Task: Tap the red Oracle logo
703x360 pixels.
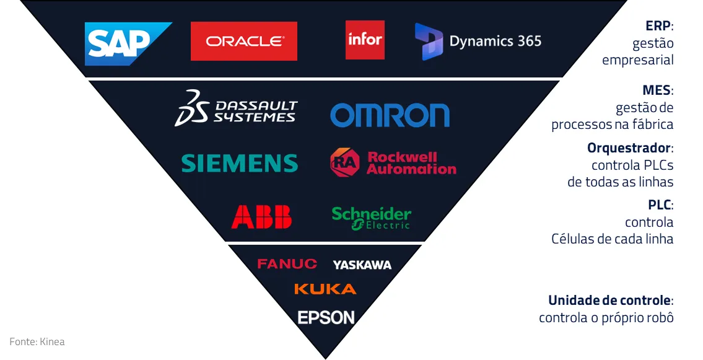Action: pos(244,42)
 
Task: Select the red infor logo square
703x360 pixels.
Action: pos(365,40)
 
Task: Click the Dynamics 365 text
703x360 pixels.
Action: pos(495,42)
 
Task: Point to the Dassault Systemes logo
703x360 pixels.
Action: pos(236,108)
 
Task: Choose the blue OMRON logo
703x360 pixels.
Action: pos(390,115)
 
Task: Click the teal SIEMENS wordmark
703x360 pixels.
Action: pos(240,164)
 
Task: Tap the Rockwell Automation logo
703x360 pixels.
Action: pos(393,163)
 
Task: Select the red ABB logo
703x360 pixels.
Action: pos(261,217)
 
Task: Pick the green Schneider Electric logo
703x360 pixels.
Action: pos(372,217)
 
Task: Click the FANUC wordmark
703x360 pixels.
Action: pos(287,264)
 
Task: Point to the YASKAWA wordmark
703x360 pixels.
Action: pos(362,265)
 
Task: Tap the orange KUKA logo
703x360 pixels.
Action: pos(325,289)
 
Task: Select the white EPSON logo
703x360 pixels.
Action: pos(326,318)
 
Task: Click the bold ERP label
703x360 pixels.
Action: pos(658,27)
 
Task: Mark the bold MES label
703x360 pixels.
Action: pos(656,91)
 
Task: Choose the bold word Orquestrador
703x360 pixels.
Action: pos(628,149)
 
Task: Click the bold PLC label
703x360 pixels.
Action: pos(659,205)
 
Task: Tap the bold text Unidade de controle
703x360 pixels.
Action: pos(609,301)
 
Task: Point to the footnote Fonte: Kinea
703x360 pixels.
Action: pos(37,341)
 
